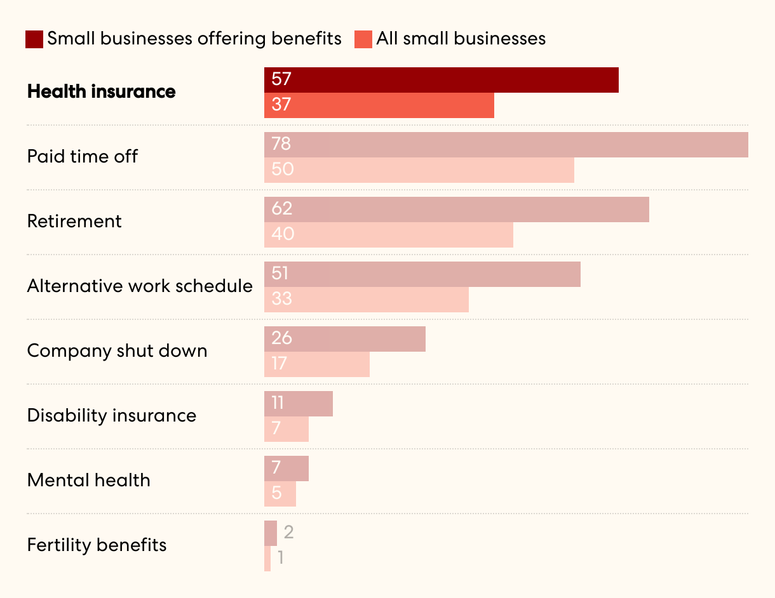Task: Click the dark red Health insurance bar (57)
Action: pyautogui.click(x=441, y=80)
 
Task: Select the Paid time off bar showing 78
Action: pyautogui.click(x=506, y=145)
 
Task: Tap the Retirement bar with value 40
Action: pyautogui.click(x=389, y=235)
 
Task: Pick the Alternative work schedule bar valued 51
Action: pyautogui.click(x=422, y=274)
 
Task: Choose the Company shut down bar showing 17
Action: pyautogui.click(x=317, y=364)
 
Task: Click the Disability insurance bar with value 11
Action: pyautogui.click(x=299, y=404)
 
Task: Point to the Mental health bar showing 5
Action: pyautogui.click(x=280, y=494)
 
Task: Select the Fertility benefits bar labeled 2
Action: pyautogui.click(x=271, y=533)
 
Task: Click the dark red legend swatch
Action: pyautogui.click(x=34, y=39)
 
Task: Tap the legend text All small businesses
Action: pyautogui.click(x=461, y=39)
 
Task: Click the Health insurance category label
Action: pyautogui.click(x=102, y=92)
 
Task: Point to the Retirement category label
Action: pyautogui.click(x=74, y=222)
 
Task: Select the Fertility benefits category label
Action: pyautogui.click(x=97, y=545)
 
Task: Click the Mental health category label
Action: pyautogui.click(x=89, y=481)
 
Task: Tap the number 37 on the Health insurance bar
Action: pyautogui.click(x=281, y=105)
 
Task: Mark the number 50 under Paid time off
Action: pyautogui.click(x=282, y=169)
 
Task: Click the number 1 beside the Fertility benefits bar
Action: pyautogui.click(x=281, y=558)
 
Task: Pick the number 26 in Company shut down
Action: pyautogui.click(x=281, y=338)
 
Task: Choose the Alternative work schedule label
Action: pyautogui.click(x=140, y=286)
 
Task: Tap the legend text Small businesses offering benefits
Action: pyautogui.click(x=194, y=39)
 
